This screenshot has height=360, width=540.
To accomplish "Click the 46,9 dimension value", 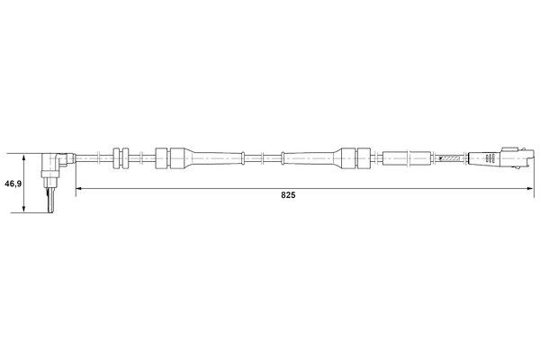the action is click(13, 184).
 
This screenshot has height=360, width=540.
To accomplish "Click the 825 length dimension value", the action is click(288, 195).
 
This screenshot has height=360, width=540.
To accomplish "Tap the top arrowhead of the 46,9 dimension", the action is click(23, 157).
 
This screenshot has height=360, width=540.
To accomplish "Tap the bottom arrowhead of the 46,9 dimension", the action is click(23, 209).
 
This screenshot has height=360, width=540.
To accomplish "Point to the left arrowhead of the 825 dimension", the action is click(79, 188).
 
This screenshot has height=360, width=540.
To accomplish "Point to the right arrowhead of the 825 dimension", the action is click(530, 188).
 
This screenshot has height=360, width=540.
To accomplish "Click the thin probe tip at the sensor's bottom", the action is click(50, 201).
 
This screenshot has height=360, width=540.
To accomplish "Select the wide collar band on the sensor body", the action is click(49, 175).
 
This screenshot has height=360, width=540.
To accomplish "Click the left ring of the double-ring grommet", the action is click(116, 158).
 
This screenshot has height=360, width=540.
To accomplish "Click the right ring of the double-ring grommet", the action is click(125, 158).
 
